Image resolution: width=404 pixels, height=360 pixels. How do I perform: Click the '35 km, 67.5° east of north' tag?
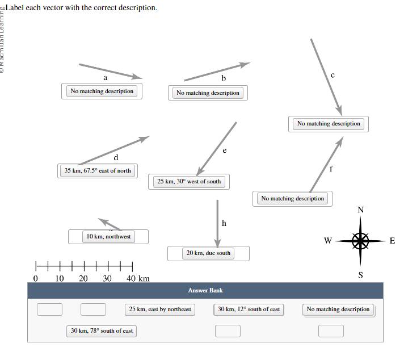98,170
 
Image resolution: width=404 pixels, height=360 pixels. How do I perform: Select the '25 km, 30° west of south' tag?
189,182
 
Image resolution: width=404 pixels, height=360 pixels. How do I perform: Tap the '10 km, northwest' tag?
108,237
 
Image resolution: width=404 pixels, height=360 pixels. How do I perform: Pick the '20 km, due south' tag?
208,253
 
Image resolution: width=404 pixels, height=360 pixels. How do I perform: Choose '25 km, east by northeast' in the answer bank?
160,309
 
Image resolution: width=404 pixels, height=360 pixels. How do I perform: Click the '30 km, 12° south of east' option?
249,309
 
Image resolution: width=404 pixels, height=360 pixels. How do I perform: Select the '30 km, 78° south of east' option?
102,330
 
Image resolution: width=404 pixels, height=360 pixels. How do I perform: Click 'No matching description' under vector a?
102,91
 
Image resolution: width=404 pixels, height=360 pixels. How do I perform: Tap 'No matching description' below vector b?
208,93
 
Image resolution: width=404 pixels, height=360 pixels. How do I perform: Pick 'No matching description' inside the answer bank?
338,309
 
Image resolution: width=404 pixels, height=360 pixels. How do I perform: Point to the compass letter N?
360,210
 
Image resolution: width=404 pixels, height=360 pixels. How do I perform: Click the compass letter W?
327,241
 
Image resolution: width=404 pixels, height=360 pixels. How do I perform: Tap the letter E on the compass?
392,241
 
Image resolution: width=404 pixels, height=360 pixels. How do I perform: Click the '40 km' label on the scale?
138,278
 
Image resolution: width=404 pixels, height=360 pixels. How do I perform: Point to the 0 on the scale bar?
36,278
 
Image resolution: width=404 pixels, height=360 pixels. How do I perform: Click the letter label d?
116,157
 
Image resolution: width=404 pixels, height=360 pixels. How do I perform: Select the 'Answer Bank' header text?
205,290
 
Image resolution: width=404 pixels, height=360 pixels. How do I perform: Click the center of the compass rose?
360,241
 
